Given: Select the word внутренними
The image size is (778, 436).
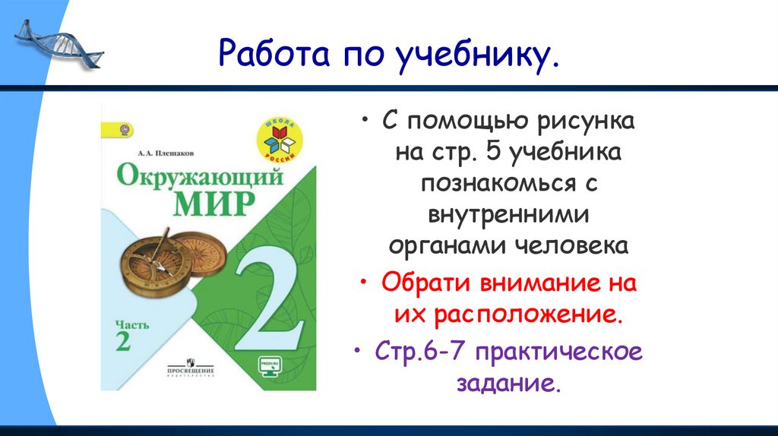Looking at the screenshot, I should [508, 215].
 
